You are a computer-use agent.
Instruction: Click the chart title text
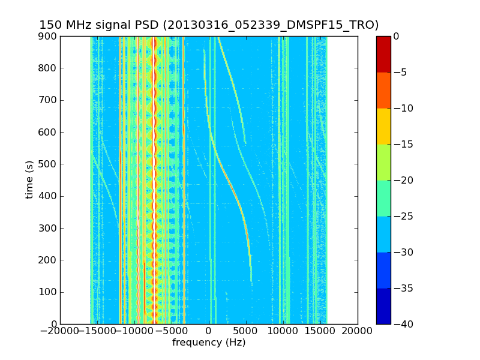(x=209, y=25)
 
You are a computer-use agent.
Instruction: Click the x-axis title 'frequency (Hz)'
(x=209, y=343)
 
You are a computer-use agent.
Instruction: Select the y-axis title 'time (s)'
(x=29, y=180)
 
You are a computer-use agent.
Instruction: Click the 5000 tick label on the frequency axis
(x=246, y=331)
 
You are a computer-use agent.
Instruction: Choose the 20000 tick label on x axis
(x=358, y=331)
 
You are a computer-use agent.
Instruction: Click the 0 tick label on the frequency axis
(x=209, y=331)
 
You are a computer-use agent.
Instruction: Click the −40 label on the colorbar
(x=403, y=324)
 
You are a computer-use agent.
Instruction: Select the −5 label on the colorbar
(x=401, y=72)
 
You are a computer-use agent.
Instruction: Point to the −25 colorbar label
(x=403, y=216)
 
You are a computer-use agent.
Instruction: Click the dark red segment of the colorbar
(x=383, y=54)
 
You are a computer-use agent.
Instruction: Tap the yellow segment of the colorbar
(x=383, y=126)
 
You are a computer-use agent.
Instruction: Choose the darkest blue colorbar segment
(x=383, y=306)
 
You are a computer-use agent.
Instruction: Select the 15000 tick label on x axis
(x=320, y=331)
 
